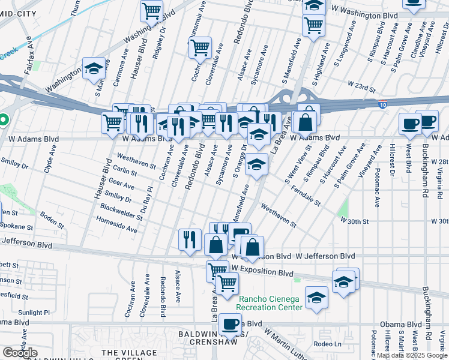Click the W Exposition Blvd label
pos(262,272)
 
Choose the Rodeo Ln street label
pos(327,344)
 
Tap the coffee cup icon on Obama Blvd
pos(230,324)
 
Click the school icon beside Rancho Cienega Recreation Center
pos(316,297)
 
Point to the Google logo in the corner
pos(19,353)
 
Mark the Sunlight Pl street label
pos(34,313)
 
